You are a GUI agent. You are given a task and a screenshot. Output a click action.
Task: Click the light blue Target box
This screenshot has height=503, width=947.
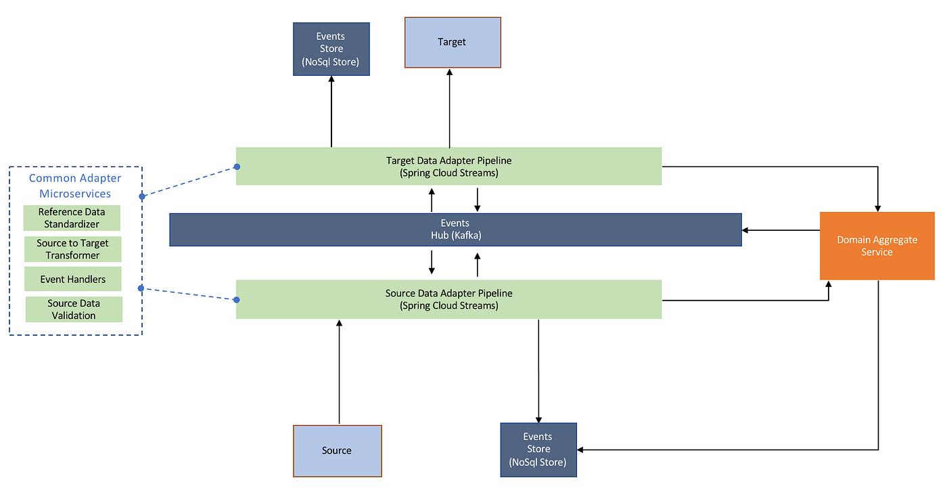tap(452, 42)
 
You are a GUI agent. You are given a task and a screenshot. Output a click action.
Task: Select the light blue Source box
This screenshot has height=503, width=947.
tap(337, 450)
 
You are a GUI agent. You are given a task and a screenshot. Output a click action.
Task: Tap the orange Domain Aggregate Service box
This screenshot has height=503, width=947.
tap(877, 246)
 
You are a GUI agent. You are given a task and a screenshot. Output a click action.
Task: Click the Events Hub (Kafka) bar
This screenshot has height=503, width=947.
tap(455, 229)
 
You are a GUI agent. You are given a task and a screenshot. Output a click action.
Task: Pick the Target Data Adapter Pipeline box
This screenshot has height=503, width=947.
tap(448, 166)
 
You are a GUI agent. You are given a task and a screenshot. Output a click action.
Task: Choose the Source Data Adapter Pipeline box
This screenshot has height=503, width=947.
tap(448, 299)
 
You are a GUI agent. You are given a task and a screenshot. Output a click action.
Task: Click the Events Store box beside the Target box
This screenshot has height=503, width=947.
tap(331, 49)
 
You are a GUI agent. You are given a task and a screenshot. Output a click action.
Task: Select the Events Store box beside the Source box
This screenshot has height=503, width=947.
tap(538, 450)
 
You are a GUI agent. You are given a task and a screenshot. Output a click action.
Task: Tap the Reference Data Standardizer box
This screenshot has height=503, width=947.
tap(72, 218)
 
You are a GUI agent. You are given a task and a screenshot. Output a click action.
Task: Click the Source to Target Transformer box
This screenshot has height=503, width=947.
tap(73, 249)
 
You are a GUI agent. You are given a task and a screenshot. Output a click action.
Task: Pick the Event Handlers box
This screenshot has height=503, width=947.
tap(72, 279)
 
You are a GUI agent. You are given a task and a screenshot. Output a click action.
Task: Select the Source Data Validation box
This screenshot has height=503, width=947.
tap(74, 309)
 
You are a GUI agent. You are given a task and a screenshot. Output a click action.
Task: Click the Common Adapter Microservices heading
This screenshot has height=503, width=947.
tap(75, 185)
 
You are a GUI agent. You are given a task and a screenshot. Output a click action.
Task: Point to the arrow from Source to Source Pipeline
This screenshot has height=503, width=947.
tap(339, 372)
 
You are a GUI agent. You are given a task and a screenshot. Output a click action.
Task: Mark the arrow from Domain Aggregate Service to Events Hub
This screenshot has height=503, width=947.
tap(781, 230)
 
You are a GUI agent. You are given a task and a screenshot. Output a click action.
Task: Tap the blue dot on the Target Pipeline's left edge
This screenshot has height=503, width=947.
tap(237, 167)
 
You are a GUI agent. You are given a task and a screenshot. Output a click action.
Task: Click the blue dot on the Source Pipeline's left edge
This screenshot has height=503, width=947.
tap(237, 299)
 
